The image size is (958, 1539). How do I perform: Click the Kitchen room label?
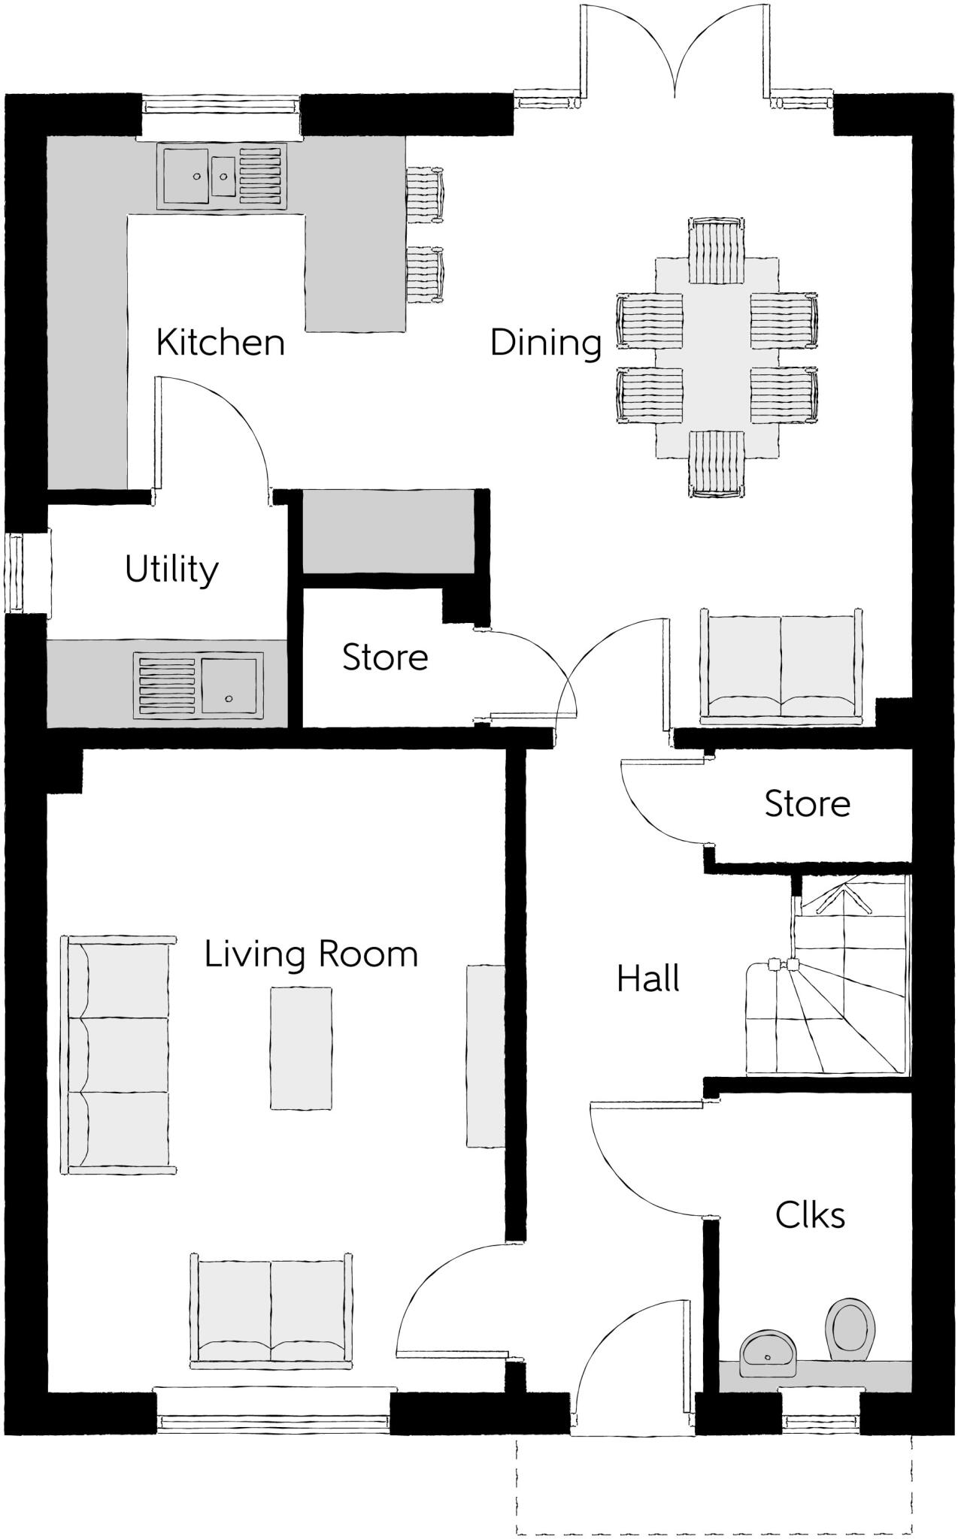(220, 343)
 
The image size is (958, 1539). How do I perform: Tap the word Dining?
(546, 343)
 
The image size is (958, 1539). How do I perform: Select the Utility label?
(171, 570)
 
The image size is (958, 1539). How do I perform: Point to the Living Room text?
(311, 954)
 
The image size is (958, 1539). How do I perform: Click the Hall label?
(648, 979)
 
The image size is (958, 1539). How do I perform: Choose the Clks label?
(810, 1215)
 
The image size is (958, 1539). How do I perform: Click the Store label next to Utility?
(385, 658)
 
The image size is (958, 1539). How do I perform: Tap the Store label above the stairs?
(808, 804)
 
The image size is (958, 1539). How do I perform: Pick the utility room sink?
(228, 683)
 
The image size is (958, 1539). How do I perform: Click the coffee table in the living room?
(301, 1048)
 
